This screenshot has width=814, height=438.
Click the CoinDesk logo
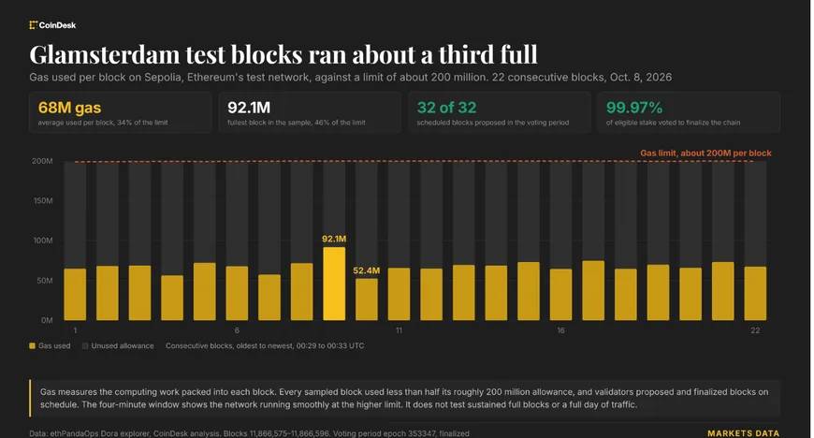[52, 25]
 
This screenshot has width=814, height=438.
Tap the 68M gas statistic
[69, 108]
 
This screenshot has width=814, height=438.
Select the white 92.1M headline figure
[249, 108]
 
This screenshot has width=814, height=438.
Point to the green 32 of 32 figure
[446, 108]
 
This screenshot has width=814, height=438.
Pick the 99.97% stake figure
[633, 108]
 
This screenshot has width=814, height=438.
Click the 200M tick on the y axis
[42, 161]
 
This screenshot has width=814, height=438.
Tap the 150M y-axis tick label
[43, 200]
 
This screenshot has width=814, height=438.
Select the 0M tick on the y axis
[47, 320]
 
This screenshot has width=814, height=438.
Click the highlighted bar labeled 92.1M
[334, 284]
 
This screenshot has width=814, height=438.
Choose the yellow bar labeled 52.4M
[367, 299]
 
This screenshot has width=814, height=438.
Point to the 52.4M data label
[366, 270]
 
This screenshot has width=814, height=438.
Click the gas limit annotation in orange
[705, 153]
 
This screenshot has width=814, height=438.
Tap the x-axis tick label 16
[560, 330]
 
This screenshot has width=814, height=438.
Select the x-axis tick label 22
[755, 330]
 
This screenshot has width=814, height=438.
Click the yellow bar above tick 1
[75, 294]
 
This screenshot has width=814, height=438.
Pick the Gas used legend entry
[50, 345]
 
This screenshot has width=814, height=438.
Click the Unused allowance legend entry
[118, 345]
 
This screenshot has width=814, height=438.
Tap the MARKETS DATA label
[743, 433]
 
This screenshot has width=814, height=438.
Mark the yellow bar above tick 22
[755, 294]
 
